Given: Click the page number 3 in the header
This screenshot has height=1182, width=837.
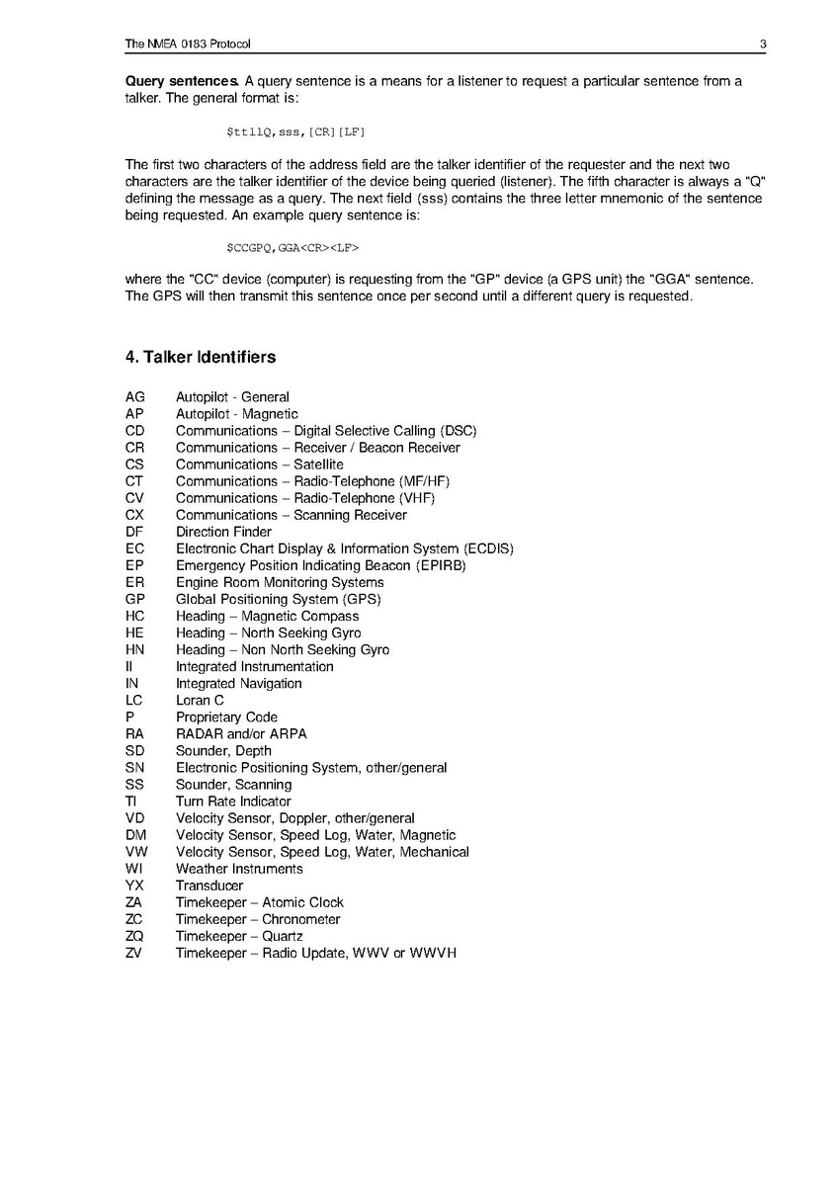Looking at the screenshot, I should (x=764, y=43).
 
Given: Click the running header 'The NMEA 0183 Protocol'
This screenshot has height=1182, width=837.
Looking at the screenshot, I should (x=189, y=43).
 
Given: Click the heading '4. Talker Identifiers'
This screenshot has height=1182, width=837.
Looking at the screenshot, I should (x=201, y=357).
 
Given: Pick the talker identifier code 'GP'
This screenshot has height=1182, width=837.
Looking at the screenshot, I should (x=135, y=599).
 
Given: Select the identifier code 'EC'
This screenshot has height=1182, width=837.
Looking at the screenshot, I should (x=135, y=549).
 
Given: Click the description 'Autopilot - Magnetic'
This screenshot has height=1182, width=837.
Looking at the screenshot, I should (x=236, y=414).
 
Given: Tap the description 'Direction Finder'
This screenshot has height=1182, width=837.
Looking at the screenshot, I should (x=223, y=532).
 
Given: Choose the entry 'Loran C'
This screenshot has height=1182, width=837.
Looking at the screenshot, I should (x=200, y=700).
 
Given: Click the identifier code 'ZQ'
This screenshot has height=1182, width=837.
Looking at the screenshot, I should (x=135, y=936).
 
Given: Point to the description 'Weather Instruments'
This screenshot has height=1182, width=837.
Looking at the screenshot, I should (x=239, y=869).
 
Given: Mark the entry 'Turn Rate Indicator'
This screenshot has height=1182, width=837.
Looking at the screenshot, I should (x=233, y=802).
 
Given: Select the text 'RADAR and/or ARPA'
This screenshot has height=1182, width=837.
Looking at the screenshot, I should (x=241, y=733).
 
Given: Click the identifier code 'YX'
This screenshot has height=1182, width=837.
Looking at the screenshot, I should (x=135, y=886).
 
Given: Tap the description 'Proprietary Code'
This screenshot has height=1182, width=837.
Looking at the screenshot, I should (x=226, y=717).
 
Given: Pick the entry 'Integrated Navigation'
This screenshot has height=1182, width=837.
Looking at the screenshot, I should (x=239, y=683).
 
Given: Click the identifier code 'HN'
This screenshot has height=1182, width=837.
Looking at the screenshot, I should (x=135, y=649).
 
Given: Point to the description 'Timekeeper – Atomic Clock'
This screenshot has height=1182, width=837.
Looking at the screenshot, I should (x=260, y=902).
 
